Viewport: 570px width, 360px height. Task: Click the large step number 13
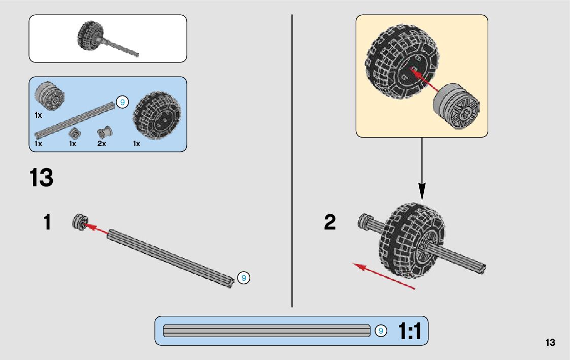pos(41,178)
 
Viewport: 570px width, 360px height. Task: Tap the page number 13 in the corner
pos(550,342)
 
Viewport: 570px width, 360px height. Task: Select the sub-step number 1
pos(47,222)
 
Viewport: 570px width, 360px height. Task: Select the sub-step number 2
pos(330,222)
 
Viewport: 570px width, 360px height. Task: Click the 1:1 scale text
pos(410,332)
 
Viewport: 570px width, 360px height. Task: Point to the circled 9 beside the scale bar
pos(381,331)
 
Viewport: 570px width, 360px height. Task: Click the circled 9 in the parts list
pos(122,102)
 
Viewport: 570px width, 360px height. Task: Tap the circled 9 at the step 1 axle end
pos(244,278)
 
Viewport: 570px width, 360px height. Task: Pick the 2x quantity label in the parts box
pos(102,144)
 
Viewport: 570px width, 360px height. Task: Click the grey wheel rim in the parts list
pos(50,95)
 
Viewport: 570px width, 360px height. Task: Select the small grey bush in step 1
pos(79,222)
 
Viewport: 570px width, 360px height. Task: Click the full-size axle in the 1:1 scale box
pos(266,331)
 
